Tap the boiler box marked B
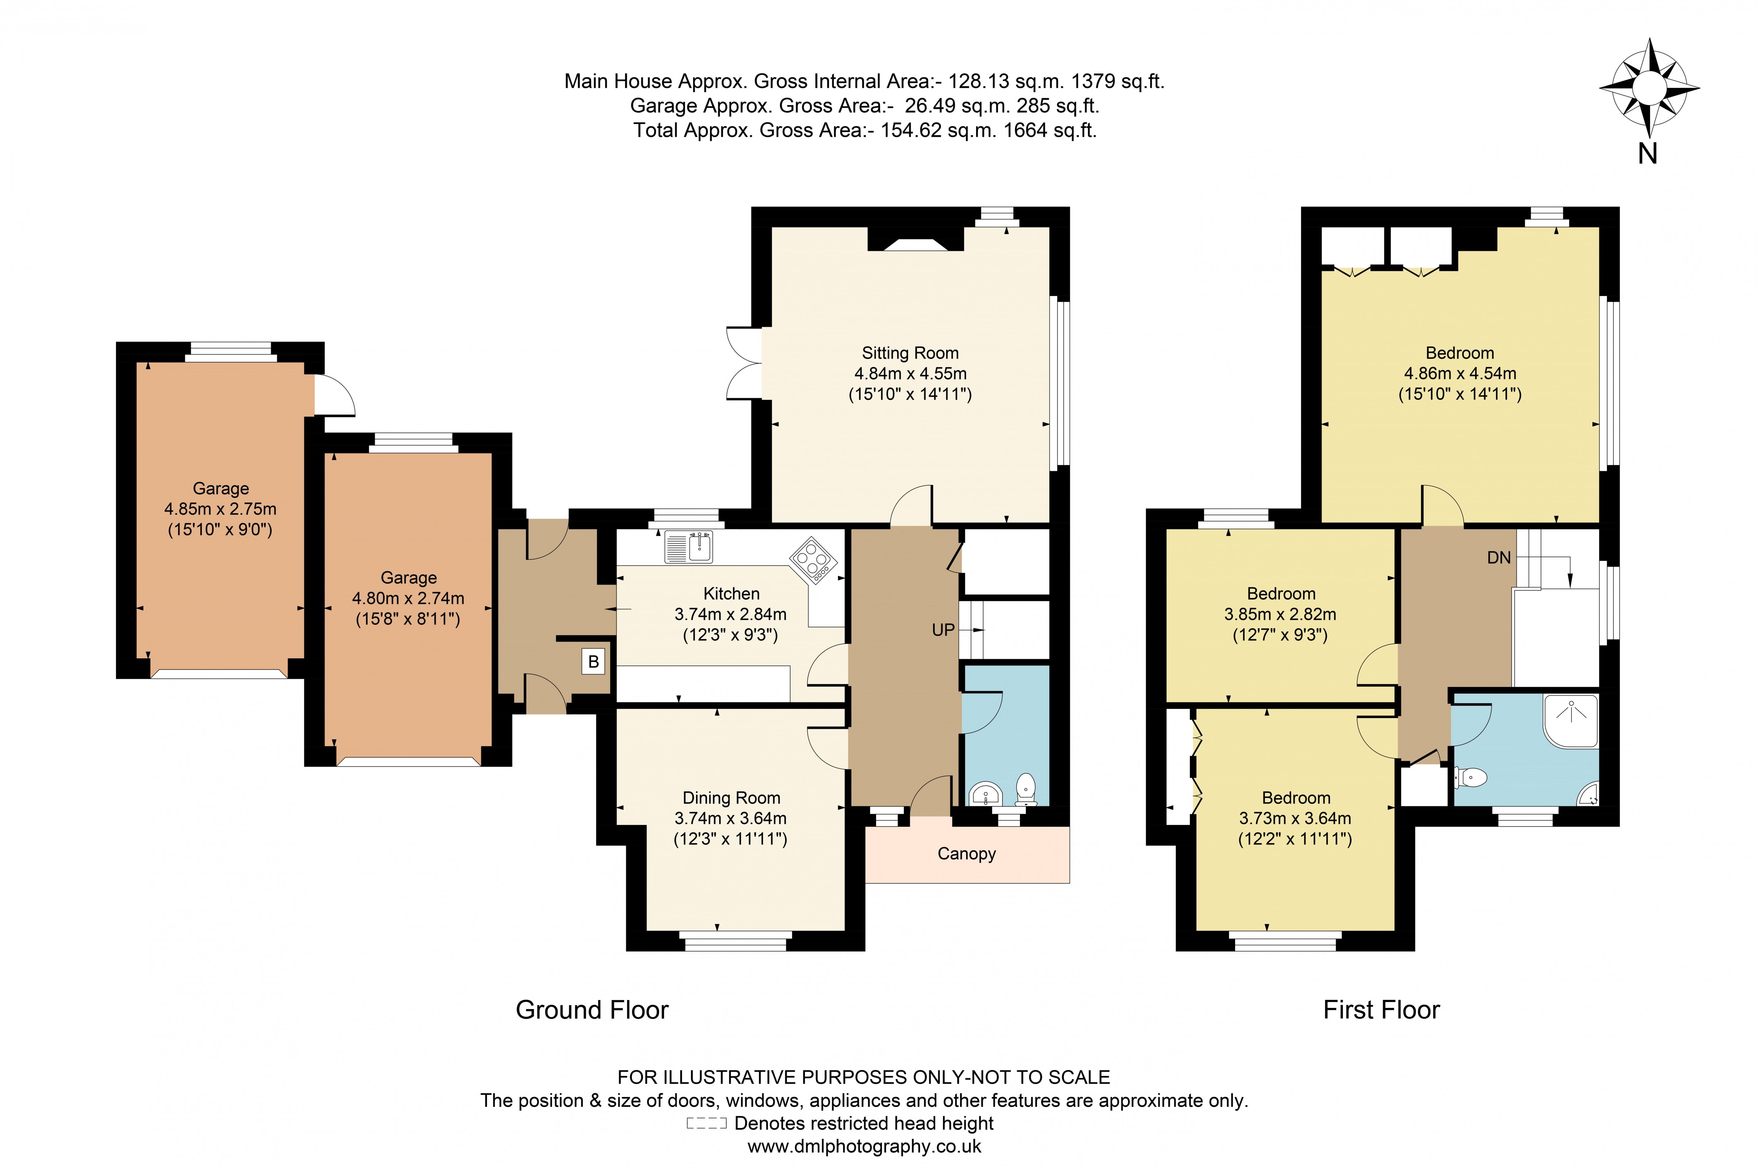593,662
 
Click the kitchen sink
688,546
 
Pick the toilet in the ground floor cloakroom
1026,789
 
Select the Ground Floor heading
592,1010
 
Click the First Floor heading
1381,1010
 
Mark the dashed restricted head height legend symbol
706,1123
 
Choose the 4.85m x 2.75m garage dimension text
220,509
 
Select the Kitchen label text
731,594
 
